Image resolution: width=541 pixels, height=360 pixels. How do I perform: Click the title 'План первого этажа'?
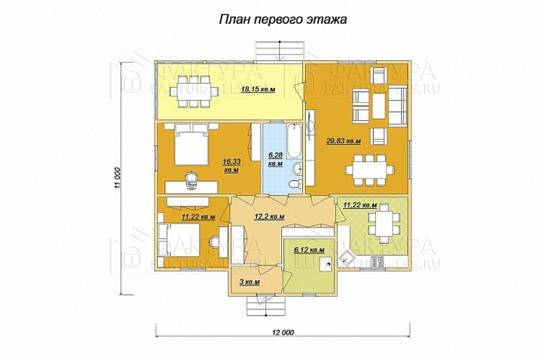pyautogui.click(x=282, y=20)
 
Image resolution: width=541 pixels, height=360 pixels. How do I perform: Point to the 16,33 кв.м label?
pyautogui.click(x=230, y=164)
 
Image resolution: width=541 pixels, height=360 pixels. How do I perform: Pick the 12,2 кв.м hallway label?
pyautogui.click(x=269, y=215)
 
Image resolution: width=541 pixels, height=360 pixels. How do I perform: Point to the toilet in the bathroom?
pyautogui.click(x=296, y=183)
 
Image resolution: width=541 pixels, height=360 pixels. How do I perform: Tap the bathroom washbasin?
pyautogui.click(x=296, y=169)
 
